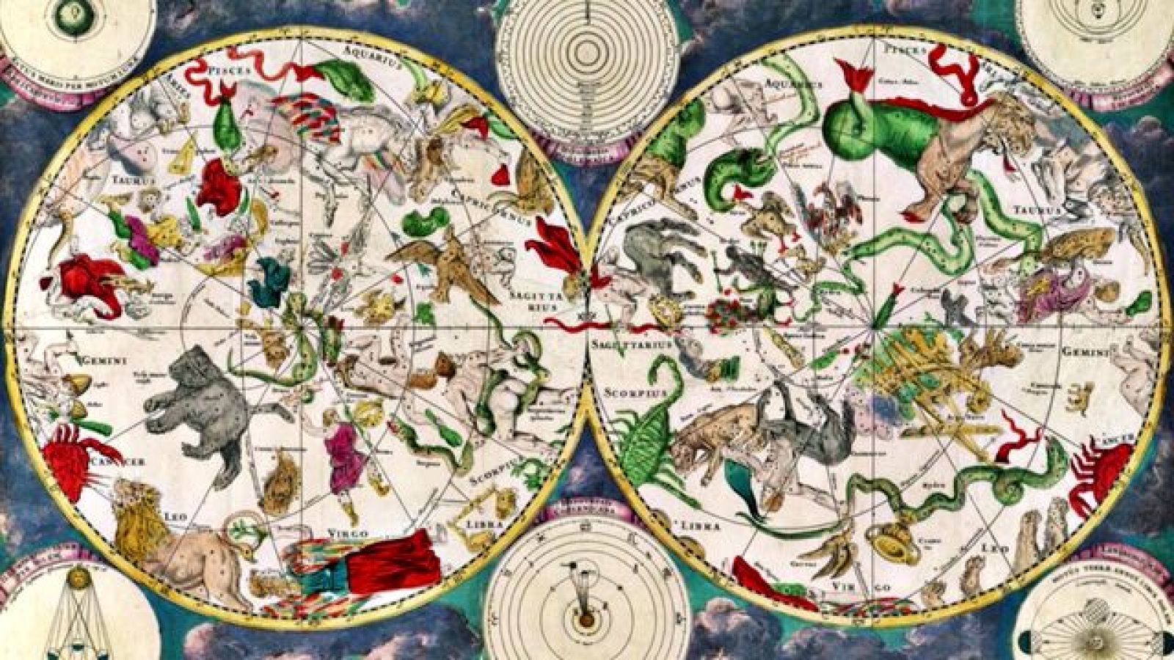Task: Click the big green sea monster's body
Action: click(x=866, y=132)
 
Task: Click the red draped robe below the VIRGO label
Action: click(x=393, y=565)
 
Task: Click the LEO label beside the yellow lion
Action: click(x=181, y=516)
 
